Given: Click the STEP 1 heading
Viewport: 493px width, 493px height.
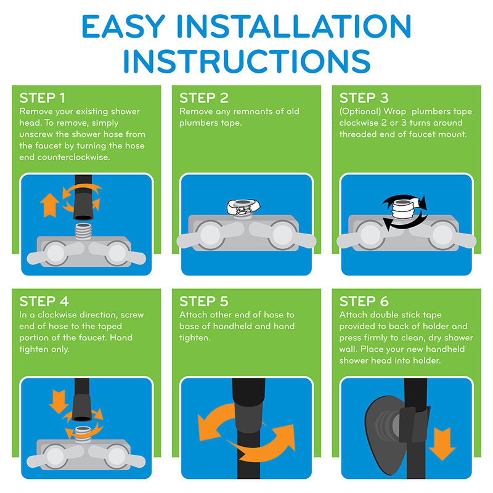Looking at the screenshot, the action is [42, 98].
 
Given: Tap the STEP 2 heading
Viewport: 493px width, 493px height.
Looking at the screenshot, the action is [204, 98].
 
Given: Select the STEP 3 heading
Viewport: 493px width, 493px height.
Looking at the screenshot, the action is [364, 98].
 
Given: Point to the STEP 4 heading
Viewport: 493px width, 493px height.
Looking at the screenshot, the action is [44, 301].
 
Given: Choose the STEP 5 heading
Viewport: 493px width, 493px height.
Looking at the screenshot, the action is [204, 301].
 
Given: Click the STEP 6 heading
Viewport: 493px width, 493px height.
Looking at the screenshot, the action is [364, 301].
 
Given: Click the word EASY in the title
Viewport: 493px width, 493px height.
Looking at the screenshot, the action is [123, 26].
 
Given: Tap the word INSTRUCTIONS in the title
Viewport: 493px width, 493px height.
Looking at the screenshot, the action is [247, 61].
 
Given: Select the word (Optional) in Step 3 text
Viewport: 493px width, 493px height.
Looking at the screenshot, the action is [360, 112].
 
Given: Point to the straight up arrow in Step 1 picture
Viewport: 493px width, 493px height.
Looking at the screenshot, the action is [50, 205].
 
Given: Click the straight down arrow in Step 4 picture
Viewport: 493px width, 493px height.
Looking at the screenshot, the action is [59, 402].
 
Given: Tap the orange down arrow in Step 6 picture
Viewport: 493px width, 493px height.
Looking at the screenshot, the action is [442, 444].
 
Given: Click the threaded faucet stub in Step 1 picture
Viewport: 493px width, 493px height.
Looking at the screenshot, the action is [83, 232].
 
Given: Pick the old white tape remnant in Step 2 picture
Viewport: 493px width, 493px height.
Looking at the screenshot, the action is [243, 207].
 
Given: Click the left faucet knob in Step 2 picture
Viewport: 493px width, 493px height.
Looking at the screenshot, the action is [210, 235].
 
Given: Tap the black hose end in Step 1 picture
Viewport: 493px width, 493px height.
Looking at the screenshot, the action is [83, 206].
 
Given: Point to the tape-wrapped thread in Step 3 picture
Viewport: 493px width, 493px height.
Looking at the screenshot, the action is [404, 209].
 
